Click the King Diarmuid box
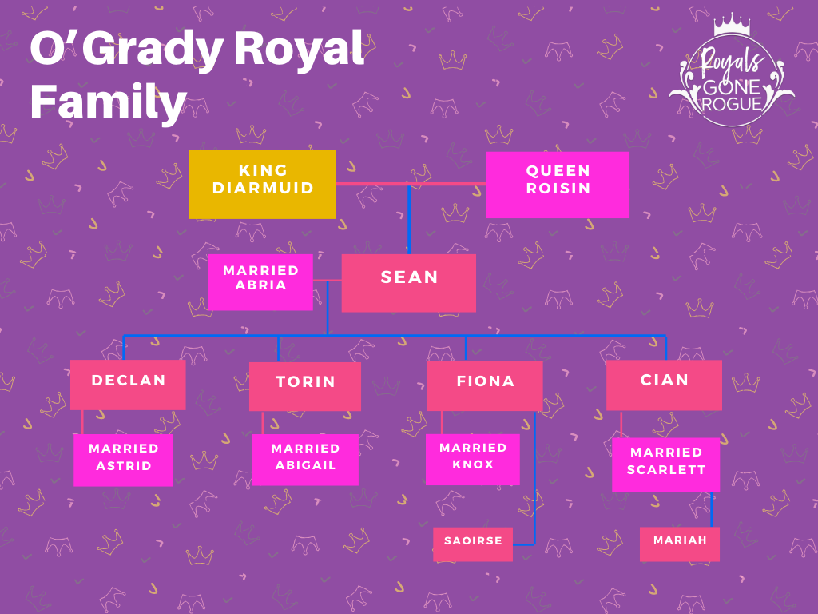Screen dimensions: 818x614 (262, 185)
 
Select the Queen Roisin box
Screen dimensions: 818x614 (558, 185)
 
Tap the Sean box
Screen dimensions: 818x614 (408, 283)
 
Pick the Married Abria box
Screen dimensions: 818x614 (260, 282)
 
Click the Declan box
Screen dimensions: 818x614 (128, 385)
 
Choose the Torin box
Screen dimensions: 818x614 (305, 386)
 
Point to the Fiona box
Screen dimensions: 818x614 (485, 386)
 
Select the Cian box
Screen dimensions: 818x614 (664, 385)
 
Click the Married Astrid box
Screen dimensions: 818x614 (123, 460)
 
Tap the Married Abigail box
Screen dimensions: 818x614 (305, 460)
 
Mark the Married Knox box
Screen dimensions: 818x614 (473, 460)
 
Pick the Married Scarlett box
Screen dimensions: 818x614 (665, 464)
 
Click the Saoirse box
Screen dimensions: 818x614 (473, 544)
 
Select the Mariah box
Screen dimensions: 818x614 (680, 544)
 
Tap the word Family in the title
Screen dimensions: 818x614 (109, 102)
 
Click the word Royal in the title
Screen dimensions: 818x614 (299, 48)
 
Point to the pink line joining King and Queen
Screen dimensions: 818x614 (411, 184)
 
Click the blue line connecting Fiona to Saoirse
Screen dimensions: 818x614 (534, 478)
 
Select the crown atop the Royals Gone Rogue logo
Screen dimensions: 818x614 (732, 24)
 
